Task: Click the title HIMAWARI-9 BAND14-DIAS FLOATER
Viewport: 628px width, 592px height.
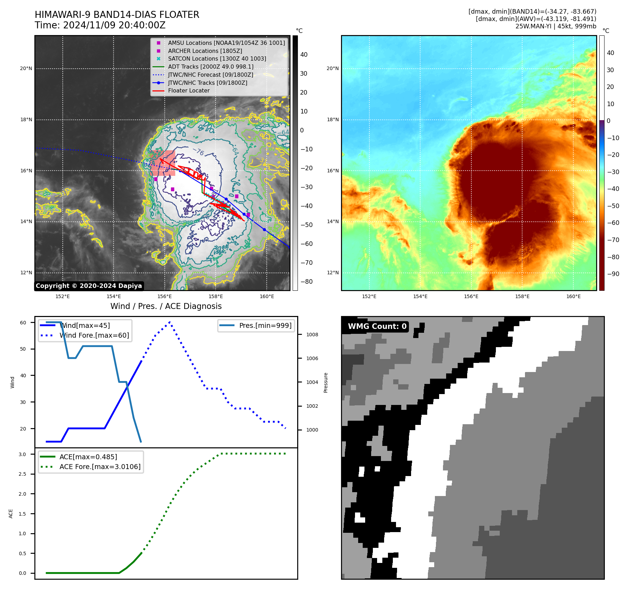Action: point(117,15)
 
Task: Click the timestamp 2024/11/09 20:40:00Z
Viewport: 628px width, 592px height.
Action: point(114,26)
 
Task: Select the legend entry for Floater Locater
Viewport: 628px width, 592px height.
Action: point(189,91)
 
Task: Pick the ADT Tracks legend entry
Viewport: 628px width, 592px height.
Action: point(210,67)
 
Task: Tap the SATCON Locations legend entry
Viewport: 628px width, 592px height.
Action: point(217,59)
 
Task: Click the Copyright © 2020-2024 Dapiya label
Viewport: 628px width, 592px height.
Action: point(89,286)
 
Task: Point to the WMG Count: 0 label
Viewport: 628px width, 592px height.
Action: point(377,326)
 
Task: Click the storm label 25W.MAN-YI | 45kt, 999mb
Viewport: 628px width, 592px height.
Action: point(555,26)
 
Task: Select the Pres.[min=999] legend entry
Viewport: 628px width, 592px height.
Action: point(265,326)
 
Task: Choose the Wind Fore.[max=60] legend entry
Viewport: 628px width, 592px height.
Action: point(94,336)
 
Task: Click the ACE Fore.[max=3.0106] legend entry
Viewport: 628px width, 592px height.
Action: point(100,467)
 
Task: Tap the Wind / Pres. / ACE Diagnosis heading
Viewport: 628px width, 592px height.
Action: point(166,307)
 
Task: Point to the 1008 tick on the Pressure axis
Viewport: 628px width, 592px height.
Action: point(312,335)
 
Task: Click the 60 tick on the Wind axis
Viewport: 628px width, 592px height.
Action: point(23,323)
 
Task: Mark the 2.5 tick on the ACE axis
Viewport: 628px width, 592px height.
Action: point(22,474)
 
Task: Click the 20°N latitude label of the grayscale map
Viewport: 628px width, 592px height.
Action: point(26,69)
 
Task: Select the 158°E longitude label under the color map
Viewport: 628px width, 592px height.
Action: point(522,297)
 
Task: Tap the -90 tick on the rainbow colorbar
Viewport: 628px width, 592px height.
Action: point(613,274)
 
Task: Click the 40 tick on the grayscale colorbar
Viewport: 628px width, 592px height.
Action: point(304,55)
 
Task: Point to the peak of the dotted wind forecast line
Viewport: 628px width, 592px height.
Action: point(170,322)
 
